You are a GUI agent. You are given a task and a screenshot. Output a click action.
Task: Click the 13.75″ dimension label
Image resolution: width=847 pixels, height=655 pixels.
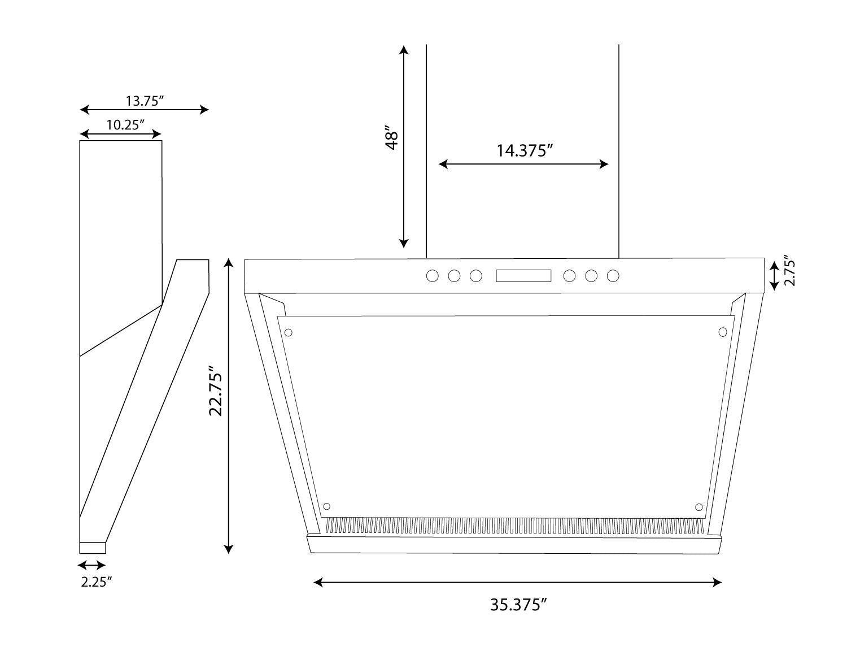[145, 101]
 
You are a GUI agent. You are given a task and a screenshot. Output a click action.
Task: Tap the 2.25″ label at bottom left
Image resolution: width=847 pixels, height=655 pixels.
[94, 583]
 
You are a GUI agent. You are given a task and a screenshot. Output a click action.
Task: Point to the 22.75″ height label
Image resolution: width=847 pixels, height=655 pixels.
[217, 391]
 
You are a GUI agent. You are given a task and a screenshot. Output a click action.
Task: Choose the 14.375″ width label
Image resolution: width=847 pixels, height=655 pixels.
[524, 150]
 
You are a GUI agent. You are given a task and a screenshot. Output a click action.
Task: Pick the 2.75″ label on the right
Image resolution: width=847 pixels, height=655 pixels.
[789, 272]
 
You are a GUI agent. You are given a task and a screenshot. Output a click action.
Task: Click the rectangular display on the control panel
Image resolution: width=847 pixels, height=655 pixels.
[523, 276]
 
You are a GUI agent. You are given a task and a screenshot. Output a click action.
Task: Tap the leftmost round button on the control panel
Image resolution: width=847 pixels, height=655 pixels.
[433, 276]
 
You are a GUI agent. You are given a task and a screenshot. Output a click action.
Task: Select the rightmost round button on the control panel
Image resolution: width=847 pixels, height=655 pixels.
[613, 276]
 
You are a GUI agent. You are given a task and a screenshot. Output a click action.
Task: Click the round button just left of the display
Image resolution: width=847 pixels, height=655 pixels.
[476, 276]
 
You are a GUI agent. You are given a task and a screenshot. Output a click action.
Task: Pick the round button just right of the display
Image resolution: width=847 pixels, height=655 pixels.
[569, 276]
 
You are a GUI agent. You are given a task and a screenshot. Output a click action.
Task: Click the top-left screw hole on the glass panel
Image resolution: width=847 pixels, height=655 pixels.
[289, 332]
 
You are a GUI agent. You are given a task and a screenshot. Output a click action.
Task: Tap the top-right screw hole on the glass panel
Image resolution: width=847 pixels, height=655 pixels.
[722, 332]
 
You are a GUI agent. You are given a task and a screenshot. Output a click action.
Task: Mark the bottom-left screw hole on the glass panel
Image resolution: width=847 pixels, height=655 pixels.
[326, 506]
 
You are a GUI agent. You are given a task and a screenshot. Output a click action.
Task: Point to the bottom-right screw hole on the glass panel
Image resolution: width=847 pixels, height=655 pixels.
[699, 506]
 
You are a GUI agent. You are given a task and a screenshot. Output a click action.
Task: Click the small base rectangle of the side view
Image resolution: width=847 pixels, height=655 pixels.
[93, 548]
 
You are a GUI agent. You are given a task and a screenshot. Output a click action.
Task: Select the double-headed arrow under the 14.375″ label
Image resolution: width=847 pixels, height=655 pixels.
[523, 164]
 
